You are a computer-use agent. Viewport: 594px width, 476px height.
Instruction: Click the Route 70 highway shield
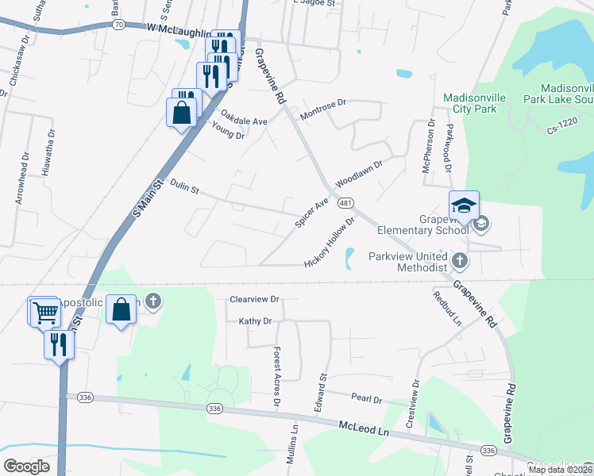click(118, 25)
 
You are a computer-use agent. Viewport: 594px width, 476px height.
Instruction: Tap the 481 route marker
click(345, 204)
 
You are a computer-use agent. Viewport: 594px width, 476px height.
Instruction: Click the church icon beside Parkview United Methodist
click(459, 259)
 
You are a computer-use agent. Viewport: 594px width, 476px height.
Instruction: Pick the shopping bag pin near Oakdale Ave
click(182, 112)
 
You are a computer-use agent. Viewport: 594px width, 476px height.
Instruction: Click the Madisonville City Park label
click(475, 103)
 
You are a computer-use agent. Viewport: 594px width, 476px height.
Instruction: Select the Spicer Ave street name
click(311, 213)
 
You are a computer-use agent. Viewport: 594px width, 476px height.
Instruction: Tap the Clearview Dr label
click(254, 300)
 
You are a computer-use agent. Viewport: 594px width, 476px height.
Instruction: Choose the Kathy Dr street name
click(255, 321)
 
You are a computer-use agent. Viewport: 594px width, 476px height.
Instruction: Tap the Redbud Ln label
click(446, 309)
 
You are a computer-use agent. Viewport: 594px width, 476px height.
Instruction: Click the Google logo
click(27, 466)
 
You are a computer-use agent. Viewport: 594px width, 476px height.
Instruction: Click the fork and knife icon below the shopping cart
click(59, 344)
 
